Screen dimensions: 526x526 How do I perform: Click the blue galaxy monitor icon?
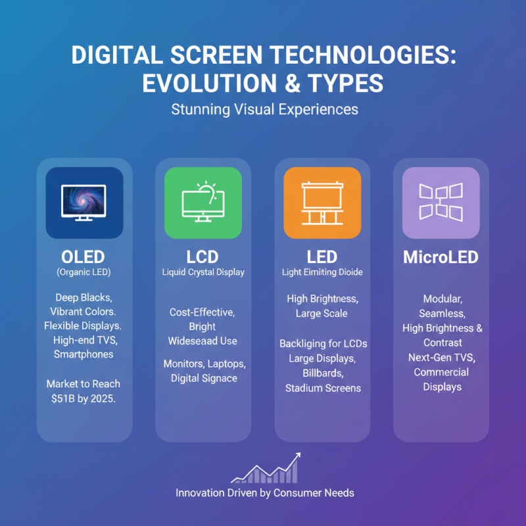(84, 203)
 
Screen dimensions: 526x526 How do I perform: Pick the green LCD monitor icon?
(203, 203)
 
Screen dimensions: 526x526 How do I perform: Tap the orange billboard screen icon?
(322, 203)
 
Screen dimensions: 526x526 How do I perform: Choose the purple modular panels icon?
(441, 203)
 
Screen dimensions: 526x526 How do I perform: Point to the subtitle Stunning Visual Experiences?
(265, 109)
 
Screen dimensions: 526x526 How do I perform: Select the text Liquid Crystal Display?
(203, 272)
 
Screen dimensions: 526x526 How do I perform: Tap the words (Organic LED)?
(84, 272)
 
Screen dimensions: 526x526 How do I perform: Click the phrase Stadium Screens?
(323, 388)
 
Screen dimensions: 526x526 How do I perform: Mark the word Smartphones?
(84, 354)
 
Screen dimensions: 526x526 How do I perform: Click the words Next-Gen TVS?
(441, 358)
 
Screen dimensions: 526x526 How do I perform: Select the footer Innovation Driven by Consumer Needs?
(265, 492)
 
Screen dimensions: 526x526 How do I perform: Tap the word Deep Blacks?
(84, 297)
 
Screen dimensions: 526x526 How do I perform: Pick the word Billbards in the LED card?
(323, 373)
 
